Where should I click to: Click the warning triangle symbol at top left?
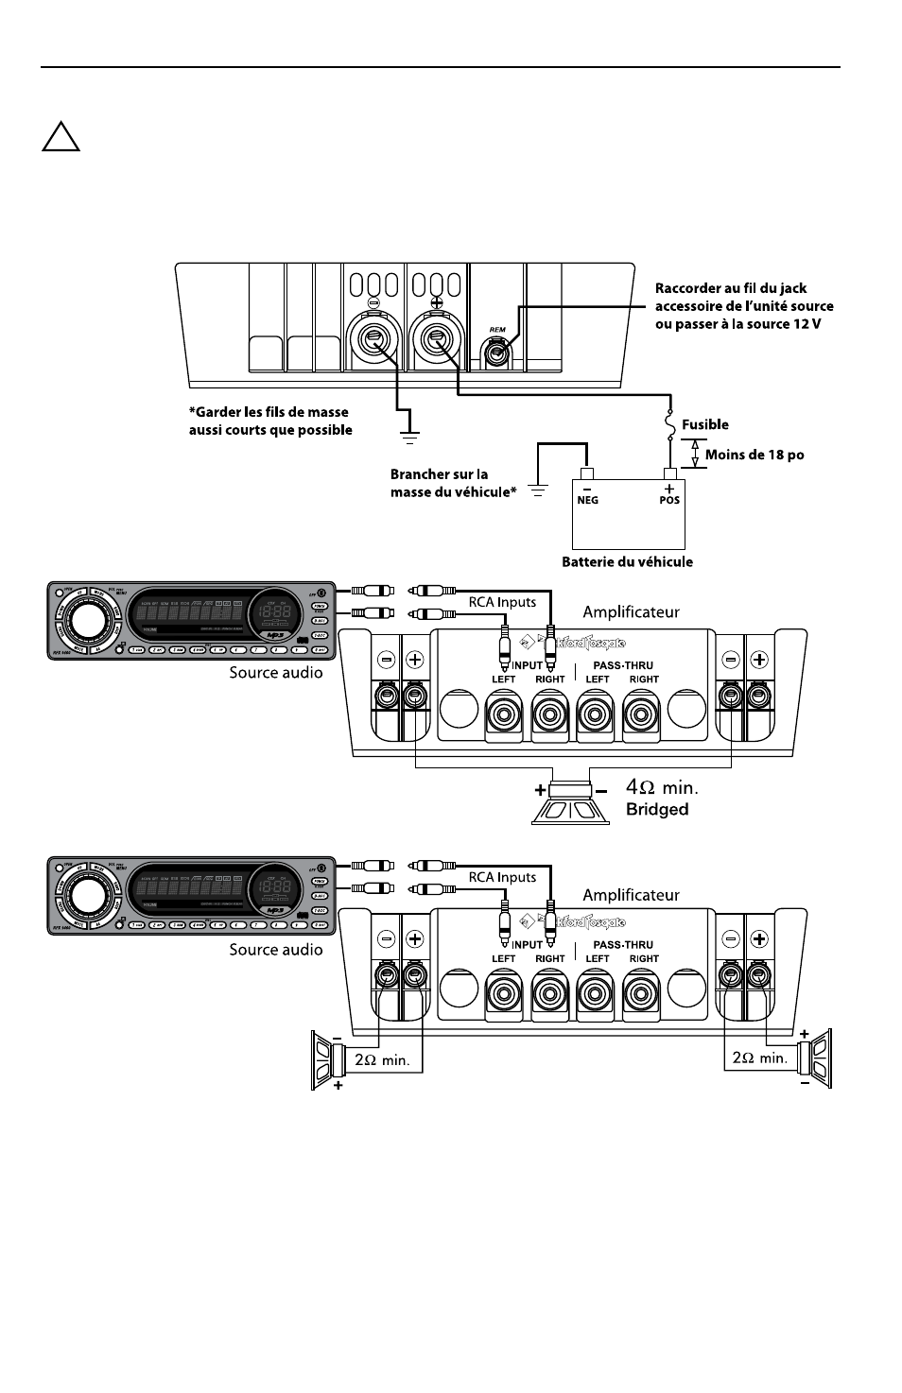point(61,137)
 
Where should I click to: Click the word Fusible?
point(705,425)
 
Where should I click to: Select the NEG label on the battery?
point(587,501)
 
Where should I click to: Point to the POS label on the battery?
point(669,501)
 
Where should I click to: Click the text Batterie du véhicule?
point(627,562)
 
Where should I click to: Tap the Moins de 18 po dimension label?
point(755,456)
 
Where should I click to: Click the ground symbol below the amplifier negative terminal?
point(408,438)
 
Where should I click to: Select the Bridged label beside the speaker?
point(657,810)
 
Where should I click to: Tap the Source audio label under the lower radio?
point(275,950)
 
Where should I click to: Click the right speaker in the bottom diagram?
point(814,1058)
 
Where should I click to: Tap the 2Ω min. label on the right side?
point(760,1058)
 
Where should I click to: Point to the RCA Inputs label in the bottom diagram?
point(502,877)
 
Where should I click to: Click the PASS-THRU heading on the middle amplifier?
point(623,665)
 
